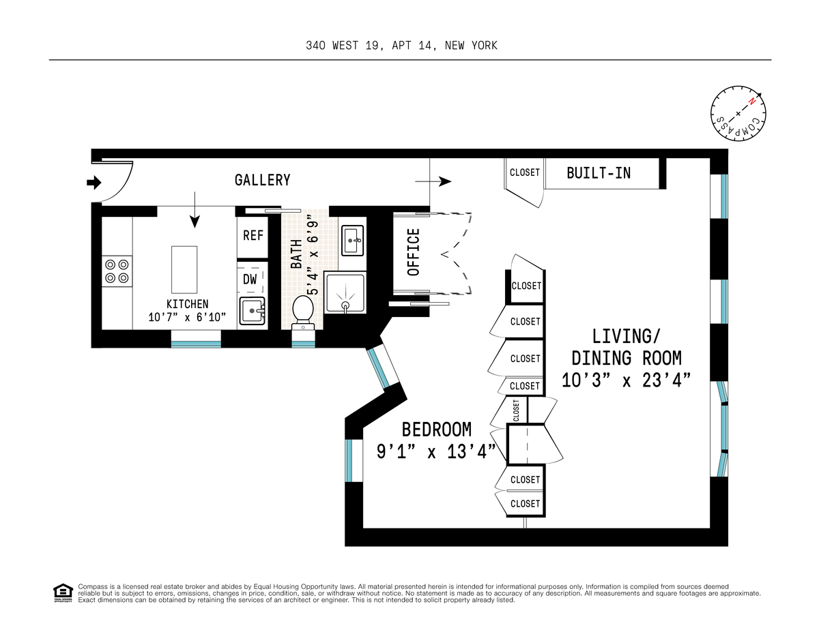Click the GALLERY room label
[x=262, y=180]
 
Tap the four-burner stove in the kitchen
[x=116, y=271]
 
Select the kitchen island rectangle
[x=184, y=268]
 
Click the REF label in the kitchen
[x=253, y=235]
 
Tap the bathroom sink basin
[x=354, y=238]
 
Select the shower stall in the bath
[x=345, y=292]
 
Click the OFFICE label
[x=414, y=252]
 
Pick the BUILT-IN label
[x=599, y=173]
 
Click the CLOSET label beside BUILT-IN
[x=524, y=173]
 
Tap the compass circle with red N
[x=738, y=114]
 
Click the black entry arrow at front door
[x=94, y=182]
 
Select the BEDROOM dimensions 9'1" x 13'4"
[x=436, y=451]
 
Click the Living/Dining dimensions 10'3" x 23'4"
[x=626, y=380]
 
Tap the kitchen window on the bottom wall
[x=196, y=343]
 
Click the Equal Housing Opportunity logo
[x=62, y=593]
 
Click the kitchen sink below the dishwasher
[x=253, y=312]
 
